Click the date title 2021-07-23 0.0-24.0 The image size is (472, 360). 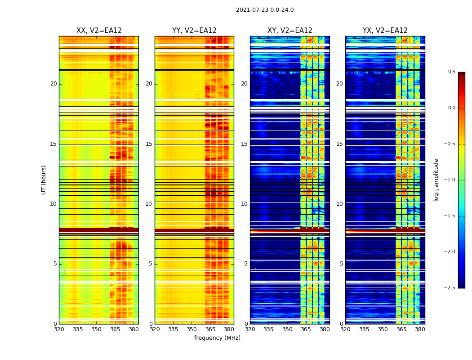coord(265,10)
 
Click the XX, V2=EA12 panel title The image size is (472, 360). coord(99,31)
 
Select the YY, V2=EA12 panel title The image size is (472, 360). coord(194,31)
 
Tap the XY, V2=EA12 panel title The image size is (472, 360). coord(290,31)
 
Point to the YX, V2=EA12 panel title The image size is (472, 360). coord(385,31)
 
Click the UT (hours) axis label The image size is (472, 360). coord(44,180)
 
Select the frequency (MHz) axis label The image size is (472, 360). coord(217,338)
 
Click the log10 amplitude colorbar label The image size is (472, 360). coord(436,180)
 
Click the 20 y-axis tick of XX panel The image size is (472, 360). coord(53,84)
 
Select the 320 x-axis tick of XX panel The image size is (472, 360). coord(59,329)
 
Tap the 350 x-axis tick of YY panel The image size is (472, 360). coord(192,329)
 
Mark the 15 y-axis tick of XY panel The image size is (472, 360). coord(244,144)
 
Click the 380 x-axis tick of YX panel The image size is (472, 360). coord(420,329)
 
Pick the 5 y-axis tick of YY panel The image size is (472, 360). coord(151,264)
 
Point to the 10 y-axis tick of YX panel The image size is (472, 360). coord(339,204)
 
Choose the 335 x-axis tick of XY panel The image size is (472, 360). coord(269,329)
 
